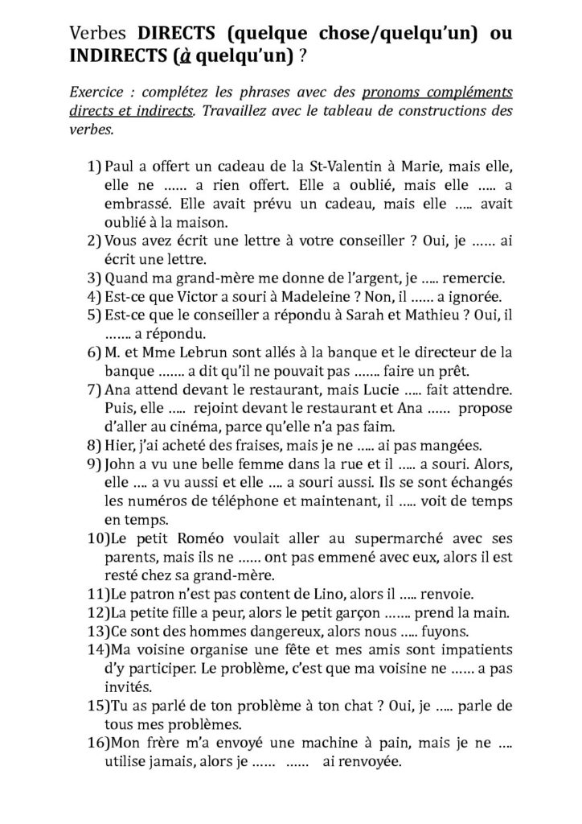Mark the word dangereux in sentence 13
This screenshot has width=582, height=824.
pyautogui.click(x=244, y=632)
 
